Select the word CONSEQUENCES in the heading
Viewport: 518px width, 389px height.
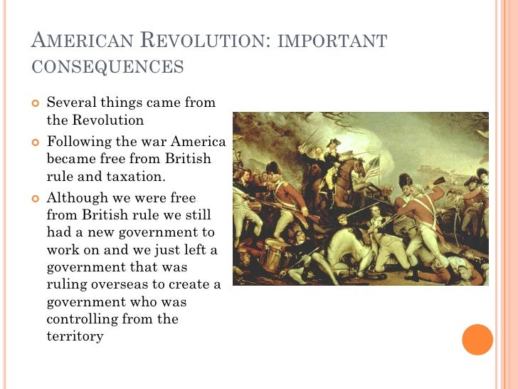108,67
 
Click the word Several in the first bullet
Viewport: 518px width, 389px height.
70,103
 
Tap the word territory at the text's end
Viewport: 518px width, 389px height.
75,336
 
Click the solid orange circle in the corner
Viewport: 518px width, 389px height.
477,339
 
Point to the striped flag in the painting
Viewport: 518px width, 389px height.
371,169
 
